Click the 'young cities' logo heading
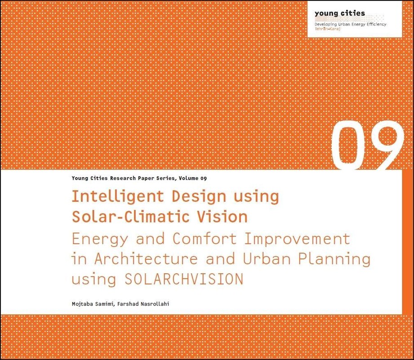[339, 13]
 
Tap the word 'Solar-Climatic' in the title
[131, 217]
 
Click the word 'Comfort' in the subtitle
[205, 238]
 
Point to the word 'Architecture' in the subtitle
[146, 258]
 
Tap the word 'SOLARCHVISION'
[184, 279]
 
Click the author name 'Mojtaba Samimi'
[93, 304]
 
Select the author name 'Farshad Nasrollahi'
[143, 304]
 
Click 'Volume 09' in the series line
[193, 178]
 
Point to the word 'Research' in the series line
[123, 178]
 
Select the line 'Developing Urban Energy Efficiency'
[350, 24]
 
